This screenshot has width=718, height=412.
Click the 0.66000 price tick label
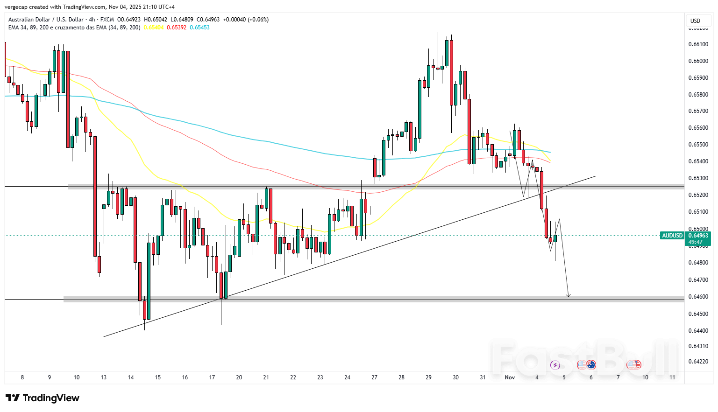point(698,61)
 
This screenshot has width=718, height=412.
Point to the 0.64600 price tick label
point(698,297)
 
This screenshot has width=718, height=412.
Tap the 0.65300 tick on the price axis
point(698,178)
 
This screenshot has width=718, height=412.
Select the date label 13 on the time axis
point(104,377)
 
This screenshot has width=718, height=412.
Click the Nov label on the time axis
point(510,377)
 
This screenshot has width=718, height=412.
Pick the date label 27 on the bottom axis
point(374,377)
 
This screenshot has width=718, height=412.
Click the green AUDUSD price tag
point(672,236)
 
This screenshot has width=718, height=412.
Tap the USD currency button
point(696,21)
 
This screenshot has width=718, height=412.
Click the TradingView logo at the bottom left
point(43,398)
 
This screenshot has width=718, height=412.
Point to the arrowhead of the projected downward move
point(569,295)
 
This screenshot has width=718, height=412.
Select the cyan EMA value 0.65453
point(199,28)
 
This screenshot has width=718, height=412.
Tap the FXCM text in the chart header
point(107,20)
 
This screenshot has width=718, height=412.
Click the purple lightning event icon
point(555,365)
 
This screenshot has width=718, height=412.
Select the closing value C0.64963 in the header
point(208,20)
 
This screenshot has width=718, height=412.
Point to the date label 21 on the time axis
point(266,377)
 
